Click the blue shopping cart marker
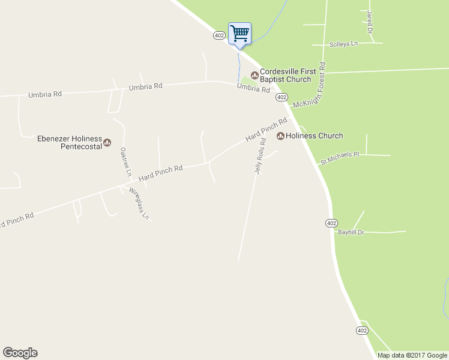click(240, 34)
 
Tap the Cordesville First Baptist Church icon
click(255, 75)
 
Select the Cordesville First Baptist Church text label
click(286, 75)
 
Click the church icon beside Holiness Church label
click(280, 136)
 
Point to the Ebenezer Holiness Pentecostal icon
click(107, 142)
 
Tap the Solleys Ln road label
click(343, 44)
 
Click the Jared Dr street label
click(370, 22)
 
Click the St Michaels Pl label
click(339, 157)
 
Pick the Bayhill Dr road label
click(351, 232)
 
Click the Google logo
click(20, 353)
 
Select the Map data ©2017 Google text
click(412, 355)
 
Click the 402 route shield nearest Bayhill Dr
click(332, 223)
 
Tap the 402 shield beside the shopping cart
click(219, 35)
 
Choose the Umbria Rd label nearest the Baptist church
click(253, 89)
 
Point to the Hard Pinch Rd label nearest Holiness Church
click(267, 130)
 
